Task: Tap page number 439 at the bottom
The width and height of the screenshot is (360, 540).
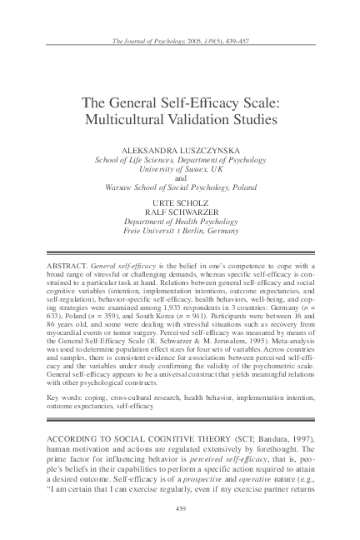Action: (x=180, y=507)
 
